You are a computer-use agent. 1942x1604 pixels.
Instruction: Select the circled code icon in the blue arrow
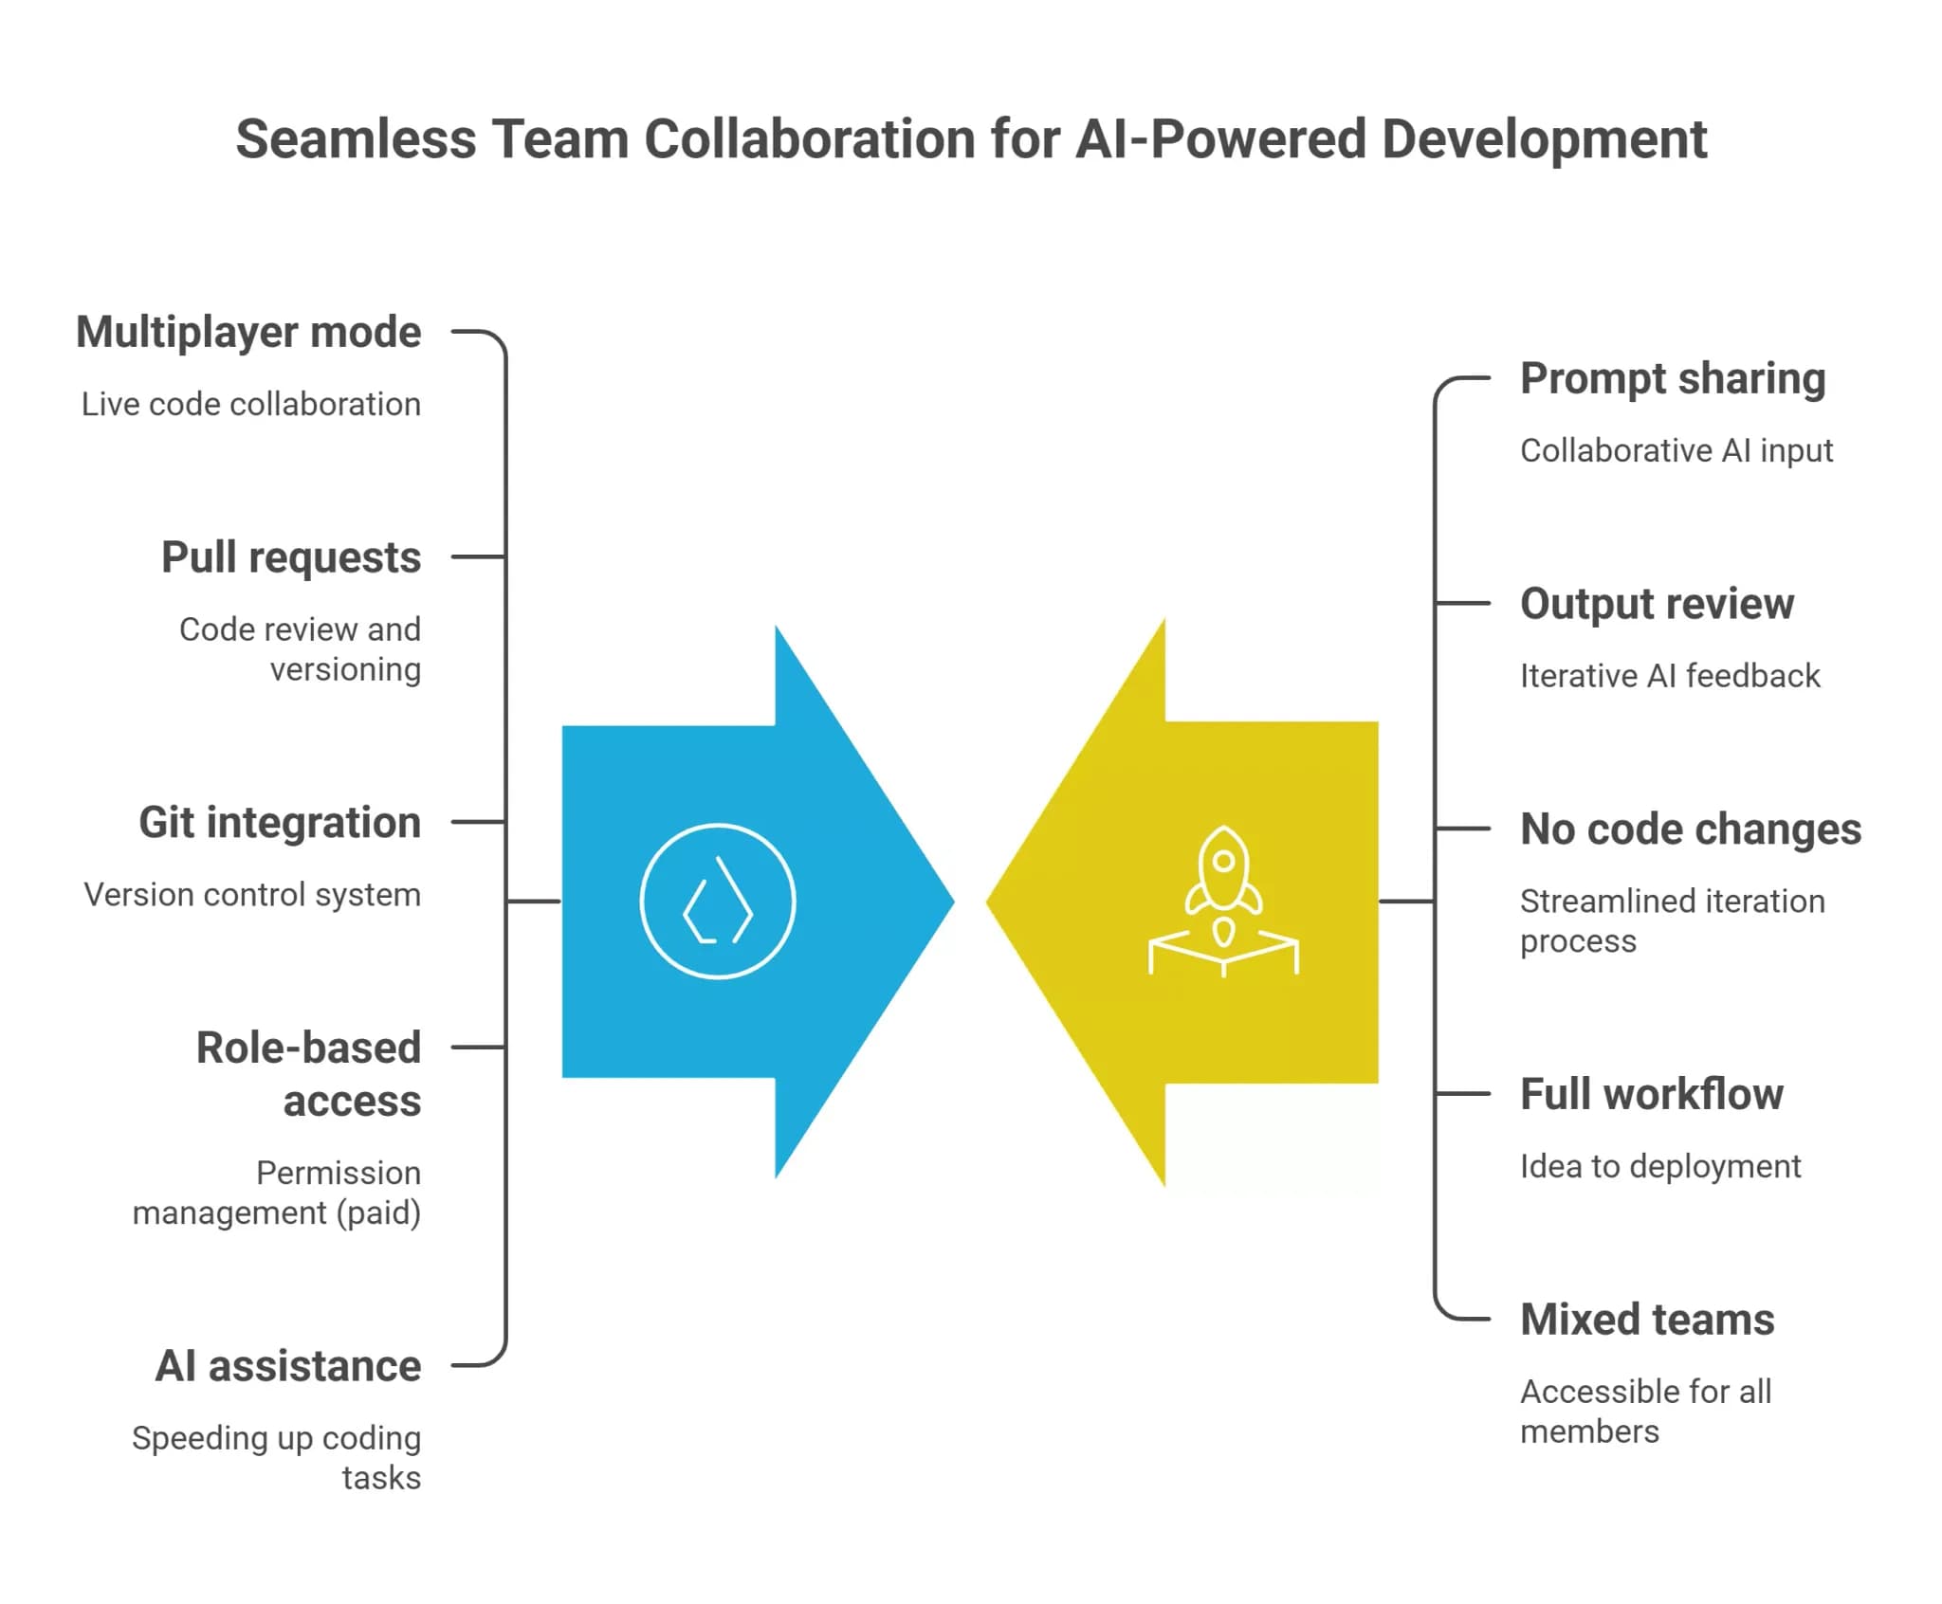[x=718, y=901]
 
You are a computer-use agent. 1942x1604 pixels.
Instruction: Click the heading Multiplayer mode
[x=248, y=332]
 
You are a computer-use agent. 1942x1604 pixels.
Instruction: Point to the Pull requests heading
[x=291, y=556]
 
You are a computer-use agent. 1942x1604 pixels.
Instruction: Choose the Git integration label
[x=280, y=822]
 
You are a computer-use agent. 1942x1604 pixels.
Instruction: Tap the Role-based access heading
[x=308, y=1074]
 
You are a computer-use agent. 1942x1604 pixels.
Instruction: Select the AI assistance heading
[x=288, y=1366]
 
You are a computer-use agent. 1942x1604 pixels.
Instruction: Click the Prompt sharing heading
[x=1673, y=378]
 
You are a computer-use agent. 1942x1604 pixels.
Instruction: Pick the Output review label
[x=1657, y=604]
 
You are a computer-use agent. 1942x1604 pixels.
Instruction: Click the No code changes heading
[x=1691, y=829]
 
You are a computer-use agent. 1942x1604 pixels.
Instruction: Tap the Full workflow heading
[x=1652, y=1094]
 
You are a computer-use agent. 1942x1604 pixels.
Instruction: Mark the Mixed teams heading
[x=1647, y=1320]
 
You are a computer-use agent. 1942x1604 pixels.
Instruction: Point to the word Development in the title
[x=1544, y=139]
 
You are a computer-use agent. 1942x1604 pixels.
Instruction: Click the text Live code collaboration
[x=251, y=405]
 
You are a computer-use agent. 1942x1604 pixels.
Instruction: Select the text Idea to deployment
[x=1659, y=1166]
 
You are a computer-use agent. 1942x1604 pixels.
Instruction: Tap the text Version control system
[x=252, y=895]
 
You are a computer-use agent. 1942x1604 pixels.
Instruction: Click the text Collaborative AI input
[x=1676, y=450]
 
